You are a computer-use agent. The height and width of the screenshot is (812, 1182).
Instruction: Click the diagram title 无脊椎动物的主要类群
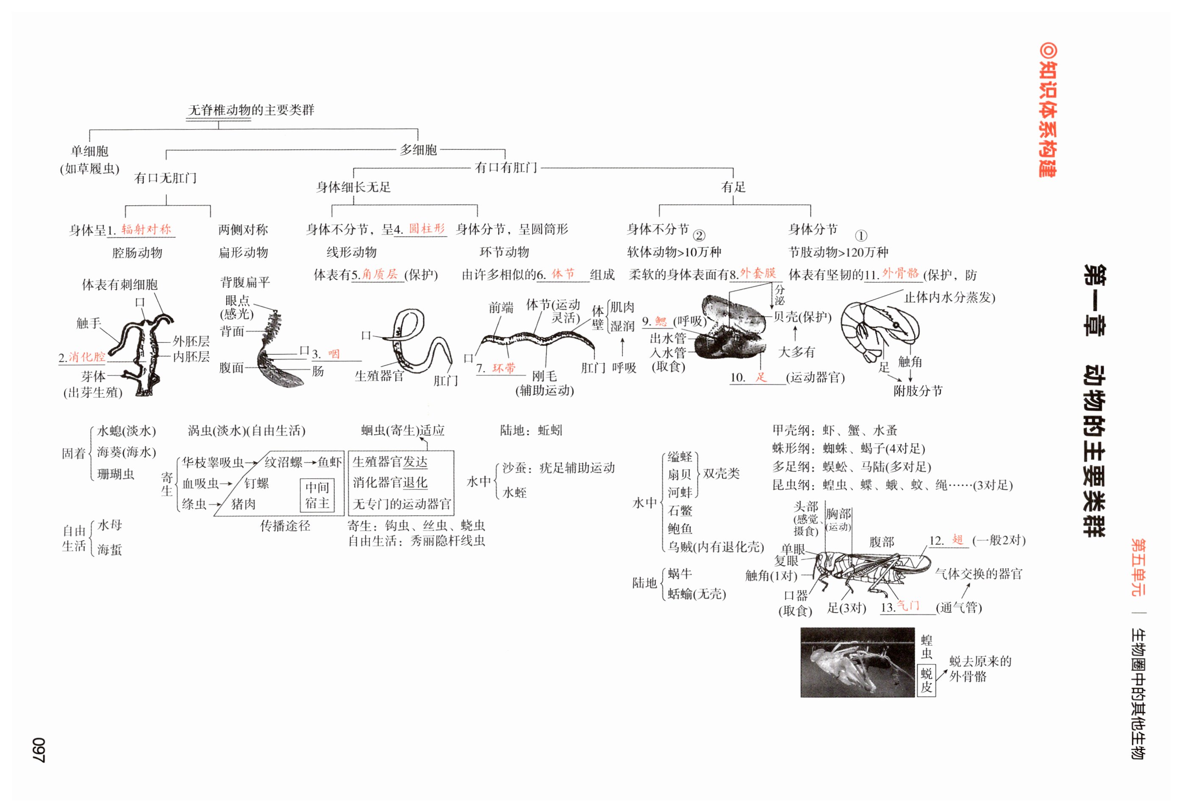click(x=251, y=110)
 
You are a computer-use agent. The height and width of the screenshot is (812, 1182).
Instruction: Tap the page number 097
click(x=39, y=749)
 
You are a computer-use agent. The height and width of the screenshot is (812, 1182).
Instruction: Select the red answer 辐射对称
click(x=146, y=229)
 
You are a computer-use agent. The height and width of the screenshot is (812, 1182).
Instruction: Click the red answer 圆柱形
click(x=427, y=229)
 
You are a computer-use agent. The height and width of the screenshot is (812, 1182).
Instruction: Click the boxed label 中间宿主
click(x=317, y=495)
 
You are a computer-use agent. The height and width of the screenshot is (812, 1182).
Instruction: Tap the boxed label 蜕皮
click(x=926, y=680)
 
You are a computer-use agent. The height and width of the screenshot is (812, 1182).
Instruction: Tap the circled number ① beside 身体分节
click(x=860, y=235)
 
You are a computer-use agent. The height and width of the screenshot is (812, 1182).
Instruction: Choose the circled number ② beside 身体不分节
click(x=699, y=235)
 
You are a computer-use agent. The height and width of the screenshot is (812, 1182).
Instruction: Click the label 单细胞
click(x=89, y=151)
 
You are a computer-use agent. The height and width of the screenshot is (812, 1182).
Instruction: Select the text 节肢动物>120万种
click(x=838, y=252)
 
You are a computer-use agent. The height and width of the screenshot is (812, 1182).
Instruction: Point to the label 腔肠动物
click(x=137, y=253)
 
